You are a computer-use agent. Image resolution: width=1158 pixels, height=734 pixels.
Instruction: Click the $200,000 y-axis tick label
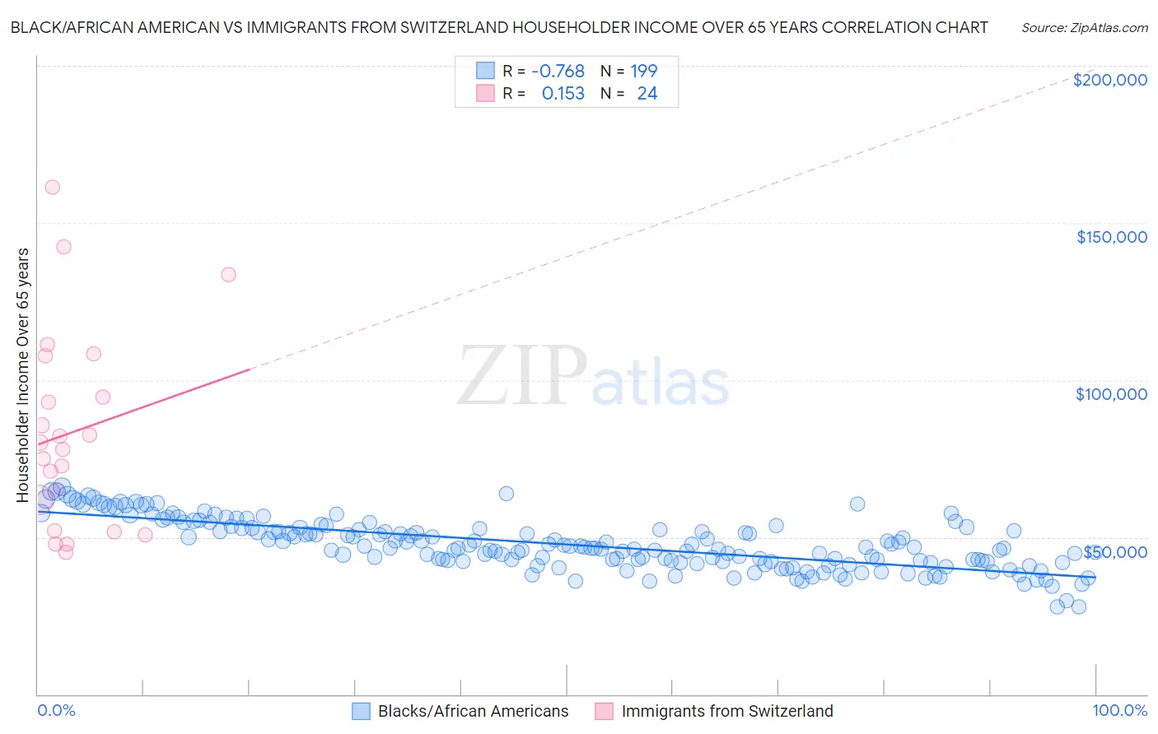1109,80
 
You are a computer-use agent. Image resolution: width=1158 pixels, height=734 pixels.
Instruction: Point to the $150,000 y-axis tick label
1111,237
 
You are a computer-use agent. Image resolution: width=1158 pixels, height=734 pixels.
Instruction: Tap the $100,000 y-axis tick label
1111,394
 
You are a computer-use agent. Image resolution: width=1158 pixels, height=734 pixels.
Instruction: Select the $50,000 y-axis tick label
1115,552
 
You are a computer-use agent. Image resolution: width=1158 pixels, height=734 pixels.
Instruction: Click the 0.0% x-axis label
56,710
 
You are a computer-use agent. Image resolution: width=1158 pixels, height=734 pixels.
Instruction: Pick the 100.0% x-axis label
1119,710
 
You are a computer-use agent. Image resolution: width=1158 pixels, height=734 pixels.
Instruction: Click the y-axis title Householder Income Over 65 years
23,374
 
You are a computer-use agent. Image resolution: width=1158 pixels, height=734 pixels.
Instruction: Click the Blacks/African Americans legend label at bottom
473,711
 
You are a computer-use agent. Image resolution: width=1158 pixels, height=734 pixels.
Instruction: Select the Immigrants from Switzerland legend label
727,711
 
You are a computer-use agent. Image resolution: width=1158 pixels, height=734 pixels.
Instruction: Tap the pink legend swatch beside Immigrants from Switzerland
604,711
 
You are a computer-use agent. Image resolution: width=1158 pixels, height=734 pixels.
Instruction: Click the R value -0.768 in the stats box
558,71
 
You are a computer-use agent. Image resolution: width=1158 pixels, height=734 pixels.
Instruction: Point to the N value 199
643,71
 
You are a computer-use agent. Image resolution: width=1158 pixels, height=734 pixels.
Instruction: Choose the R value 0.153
563,94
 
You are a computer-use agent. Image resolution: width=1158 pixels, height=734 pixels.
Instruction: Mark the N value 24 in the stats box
647,94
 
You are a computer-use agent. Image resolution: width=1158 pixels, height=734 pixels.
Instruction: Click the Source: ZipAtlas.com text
1084,27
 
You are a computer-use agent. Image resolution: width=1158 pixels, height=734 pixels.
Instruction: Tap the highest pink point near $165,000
52,187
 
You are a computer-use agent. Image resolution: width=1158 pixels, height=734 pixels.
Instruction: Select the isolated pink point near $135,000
228,275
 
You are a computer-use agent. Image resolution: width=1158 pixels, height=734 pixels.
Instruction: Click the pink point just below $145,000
63,247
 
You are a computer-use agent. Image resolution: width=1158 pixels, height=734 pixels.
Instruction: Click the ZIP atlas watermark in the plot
593,376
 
